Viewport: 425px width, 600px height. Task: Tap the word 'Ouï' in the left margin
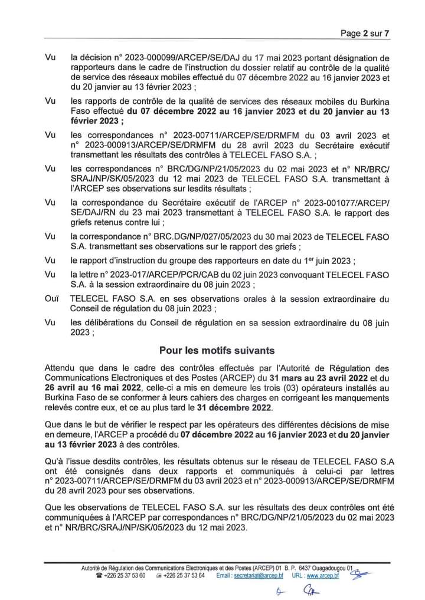coord(51,300)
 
